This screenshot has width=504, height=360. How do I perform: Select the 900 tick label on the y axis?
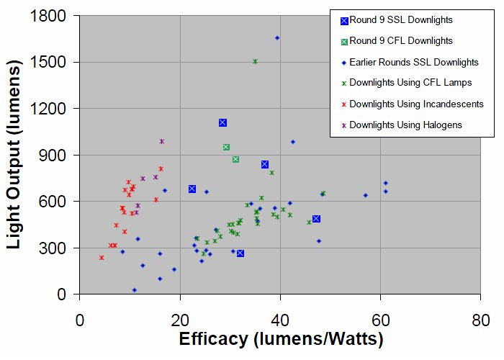click(x=54, y=155)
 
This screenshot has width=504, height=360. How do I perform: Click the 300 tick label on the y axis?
click(x=54, y=248)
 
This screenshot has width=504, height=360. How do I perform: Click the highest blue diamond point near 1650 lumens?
click(x=277, y=37)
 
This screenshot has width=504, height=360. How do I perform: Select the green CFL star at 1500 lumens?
click(x=255, y=62)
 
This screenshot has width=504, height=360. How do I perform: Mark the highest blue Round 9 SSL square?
click(x=222, y=122)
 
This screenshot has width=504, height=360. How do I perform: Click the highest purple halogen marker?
click(x=162, y=141)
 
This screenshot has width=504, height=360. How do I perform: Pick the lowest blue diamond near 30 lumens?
click(x=134, y=290)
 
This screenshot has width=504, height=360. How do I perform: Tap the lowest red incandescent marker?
click(x=102, y=258)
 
